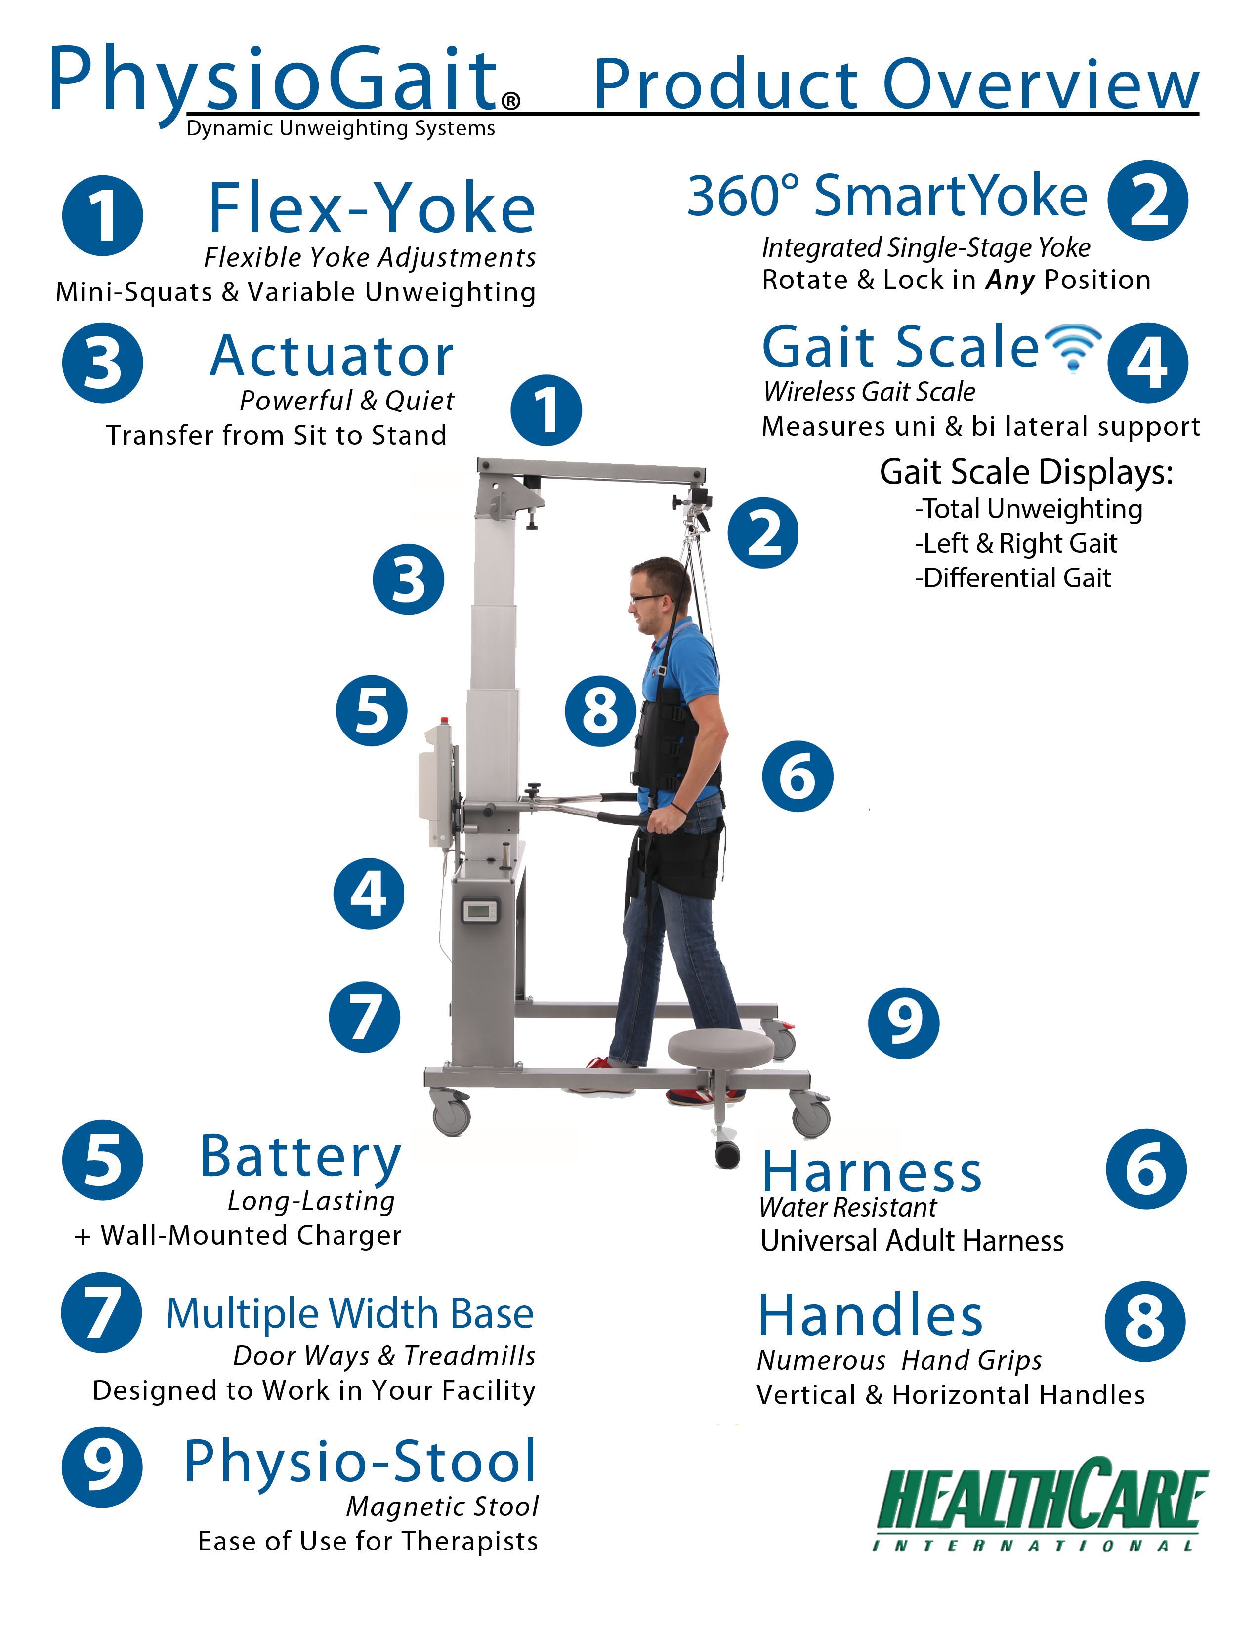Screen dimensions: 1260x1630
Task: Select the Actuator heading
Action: [332, 356]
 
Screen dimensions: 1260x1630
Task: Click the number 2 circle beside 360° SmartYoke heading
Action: [1147, 201]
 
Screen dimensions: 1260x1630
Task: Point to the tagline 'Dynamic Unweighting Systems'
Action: [340, 129]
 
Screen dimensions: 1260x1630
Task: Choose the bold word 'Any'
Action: [1010, 281]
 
